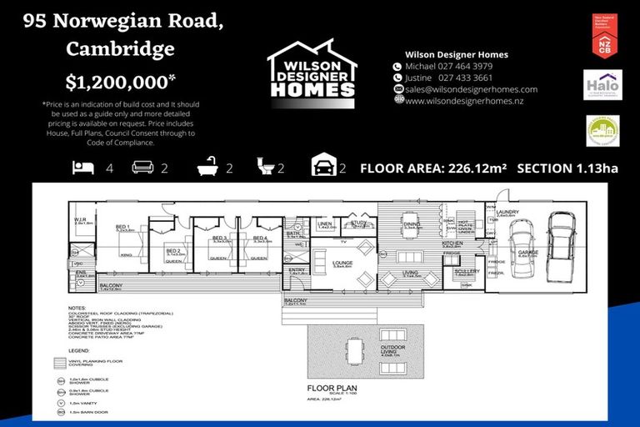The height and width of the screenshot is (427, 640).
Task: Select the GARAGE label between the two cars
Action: coord(528,253)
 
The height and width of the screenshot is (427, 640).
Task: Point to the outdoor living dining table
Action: coord(356,352)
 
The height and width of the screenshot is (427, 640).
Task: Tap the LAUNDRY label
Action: coord(507,213)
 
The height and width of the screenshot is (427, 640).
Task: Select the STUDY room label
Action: coord(359,223)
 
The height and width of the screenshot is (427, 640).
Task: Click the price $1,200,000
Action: coord(121,81)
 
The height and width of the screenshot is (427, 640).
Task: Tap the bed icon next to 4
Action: coord(83,168)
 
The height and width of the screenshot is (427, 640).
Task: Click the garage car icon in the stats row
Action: coord(322,167)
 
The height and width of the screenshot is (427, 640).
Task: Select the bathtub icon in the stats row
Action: coord(208,168)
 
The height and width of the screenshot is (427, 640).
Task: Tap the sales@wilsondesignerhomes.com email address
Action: coord(471,89)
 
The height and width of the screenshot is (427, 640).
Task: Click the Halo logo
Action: coord(602,84)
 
